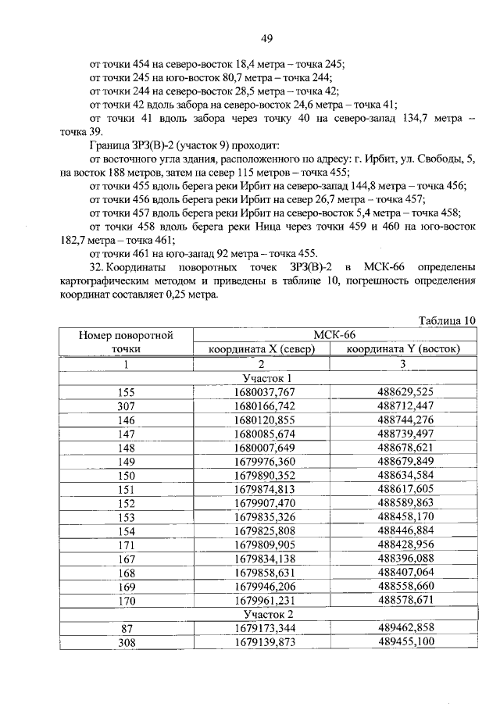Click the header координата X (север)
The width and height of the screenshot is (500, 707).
[x=261, y=349]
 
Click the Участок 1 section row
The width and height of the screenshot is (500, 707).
[x=261, y=378]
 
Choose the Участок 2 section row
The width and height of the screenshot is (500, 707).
[x=261, y=615]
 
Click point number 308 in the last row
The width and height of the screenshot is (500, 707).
[x=126, y=644]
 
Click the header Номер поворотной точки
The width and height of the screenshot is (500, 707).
[x=126, y=341]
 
